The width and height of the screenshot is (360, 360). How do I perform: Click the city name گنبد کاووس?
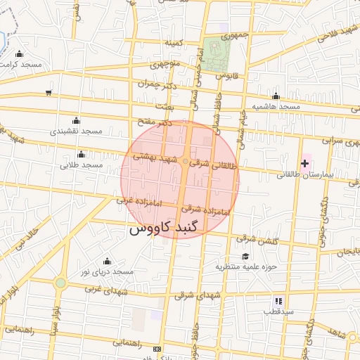click(x=165, y=229)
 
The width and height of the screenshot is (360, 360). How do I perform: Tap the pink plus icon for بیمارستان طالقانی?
click(x=304, y=164)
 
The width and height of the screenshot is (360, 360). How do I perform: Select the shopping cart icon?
click(x=48, y=92)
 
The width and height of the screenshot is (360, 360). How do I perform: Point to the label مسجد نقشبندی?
click(x=77, y=131)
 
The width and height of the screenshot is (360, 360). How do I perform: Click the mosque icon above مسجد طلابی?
click(x=81, y=154)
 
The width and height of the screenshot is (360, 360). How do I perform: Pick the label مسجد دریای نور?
click(x=106, y=271)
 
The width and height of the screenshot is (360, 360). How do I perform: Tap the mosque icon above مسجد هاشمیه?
click(x=276, y=96)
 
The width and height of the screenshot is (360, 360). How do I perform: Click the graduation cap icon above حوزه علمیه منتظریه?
click(x=245, y=256)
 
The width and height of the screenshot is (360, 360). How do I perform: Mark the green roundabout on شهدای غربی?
click(x=60, y=283)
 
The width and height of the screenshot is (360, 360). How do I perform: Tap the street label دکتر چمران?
click(x=154, y=84)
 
